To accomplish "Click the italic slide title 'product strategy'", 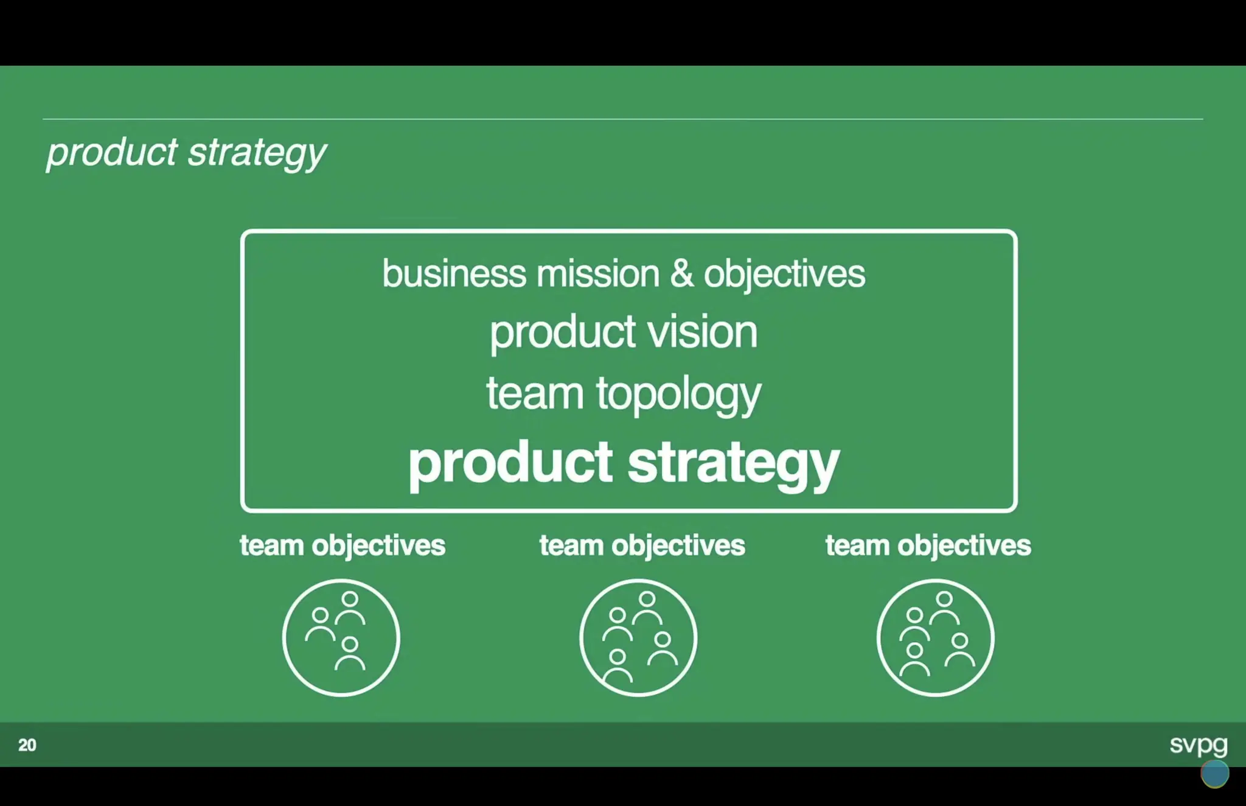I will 186,152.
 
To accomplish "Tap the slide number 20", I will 27,745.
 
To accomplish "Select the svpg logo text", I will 1198,744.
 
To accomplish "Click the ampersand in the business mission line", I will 681,273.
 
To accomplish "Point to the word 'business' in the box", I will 454,273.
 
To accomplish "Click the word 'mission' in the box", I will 597,273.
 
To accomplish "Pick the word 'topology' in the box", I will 678,394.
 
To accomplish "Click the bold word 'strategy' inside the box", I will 733,463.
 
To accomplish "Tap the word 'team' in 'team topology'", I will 535,393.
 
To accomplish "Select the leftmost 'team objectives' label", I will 343,545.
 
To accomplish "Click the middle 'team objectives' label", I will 642,545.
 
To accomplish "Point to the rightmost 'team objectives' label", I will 928,545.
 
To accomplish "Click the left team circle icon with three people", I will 341,637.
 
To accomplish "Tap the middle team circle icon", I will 638,637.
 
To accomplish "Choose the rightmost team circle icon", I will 935,637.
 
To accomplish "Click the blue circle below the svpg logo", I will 1214,774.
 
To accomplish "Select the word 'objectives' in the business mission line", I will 784,275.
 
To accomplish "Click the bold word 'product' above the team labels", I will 510,463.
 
